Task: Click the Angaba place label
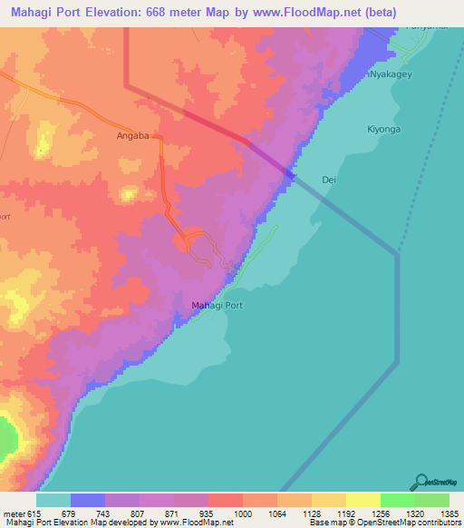(132, 137)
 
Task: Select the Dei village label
(329, 181)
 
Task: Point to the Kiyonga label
(384, 129)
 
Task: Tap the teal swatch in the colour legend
(53, 500)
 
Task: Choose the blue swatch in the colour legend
(88, 500)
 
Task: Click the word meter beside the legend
(15, 513)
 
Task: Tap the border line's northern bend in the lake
(397, 254)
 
